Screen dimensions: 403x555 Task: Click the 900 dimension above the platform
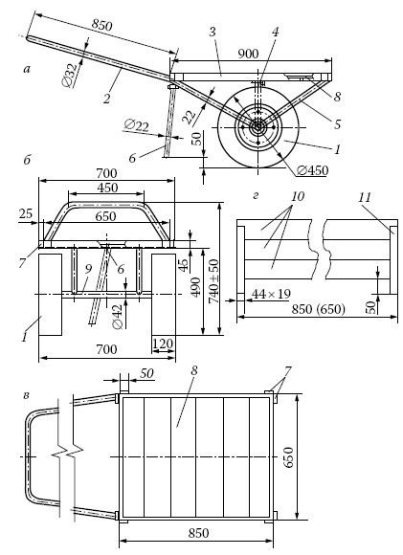248,54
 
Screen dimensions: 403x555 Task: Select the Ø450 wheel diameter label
312,170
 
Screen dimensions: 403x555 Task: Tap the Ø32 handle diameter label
69,76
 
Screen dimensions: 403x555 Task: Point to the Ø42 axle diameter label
119,317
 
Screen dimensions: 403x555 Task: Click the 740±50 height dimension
213,281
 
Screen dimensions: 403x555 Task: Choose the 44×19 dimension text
271,294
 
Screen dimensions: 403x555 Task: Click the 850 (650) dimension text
318,309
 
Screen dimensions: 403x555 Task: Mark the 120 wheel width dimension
163,344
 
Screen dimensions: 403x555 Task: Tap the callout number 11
364,197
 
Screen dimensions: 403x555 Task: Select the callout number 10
298,196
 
